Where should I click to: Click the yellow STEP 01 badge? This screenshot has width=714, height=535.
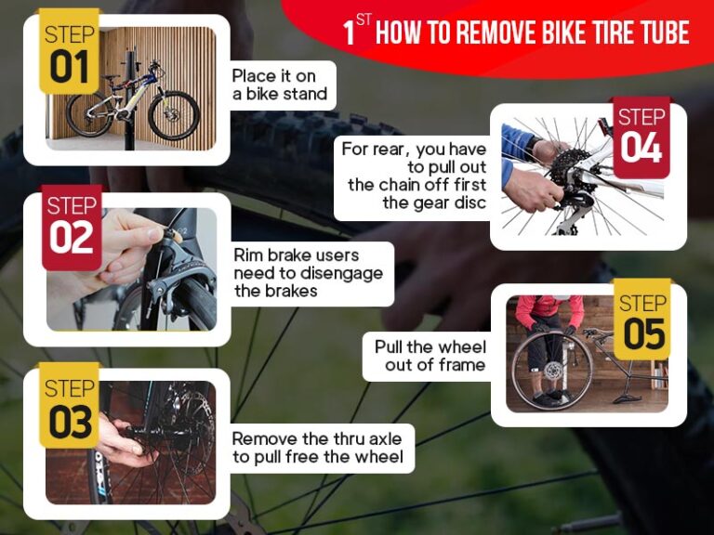[x=69, y=53]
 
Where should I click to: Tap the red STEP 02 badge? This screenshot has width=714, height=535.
[x=72, y=226]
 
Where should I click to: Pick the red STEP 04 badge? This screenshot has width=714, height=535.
[x=641, y=136]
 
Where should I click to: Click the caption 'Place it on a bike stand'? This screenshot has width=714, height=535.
[x=279, y=85]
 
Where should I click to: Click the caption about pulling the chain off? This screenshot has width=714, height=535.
[x=413, y=176]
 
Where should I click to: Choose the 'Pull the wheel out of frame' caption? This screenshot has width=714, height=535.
[x=429, y=356]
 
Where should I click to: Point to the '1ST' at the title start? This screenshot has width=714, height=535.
[x=356, y=31]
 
